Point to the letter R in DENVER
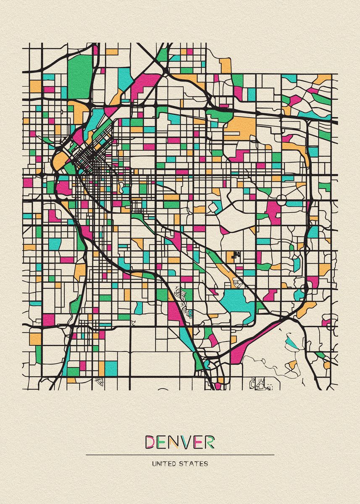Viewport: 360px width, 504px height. coord(209,442)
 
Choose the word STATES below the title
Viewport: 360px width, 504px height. coord(194,464)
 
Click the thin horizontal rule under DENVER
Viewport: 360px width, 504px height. coord(180,454)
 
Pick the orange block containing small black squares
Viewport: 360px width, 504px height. coord(234,256)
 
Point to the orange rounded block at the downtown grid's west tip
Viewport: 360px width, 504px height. coord(59,160)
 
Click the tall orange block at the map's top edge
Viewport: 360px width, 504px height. coord(226,65)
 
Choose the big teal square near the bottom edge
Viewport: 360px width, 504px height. coord(111,368)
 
